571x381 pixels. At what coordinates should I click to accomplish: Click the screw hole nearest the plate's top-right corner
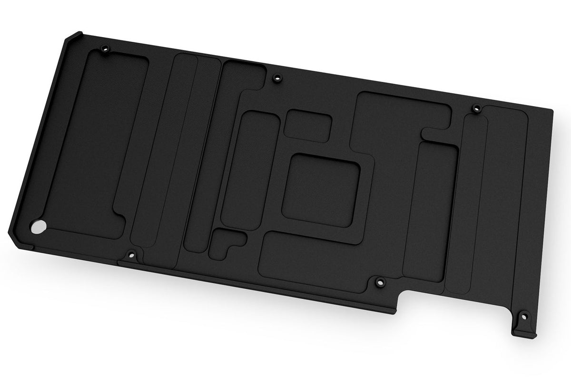[474, 107]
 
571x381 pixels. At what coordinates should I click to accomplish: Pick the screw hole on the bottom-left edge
[132, 254]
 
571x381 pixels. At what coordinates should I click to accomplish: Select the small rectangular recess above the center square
[309, 125]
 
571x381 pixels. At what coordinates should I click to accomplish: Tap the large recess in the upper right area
[400, 117]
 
